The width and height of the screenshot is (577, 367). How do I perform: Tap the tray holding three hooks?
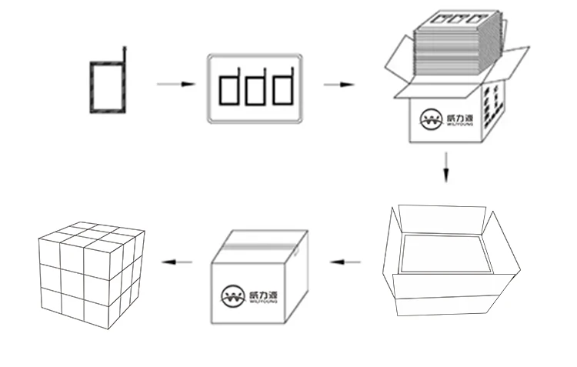253,88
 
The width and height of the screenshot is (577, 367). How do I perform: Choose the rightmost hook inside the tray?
285,88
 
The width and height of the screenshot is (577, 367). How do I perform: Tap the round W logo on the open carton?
429,119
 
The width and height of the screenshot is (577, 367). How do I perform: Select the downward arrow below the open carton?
445,167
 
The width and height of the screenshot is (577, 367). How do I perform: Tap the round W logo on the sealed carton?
231,296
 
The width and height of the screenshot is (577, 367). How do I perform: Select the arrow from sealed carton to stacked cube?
178,262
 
